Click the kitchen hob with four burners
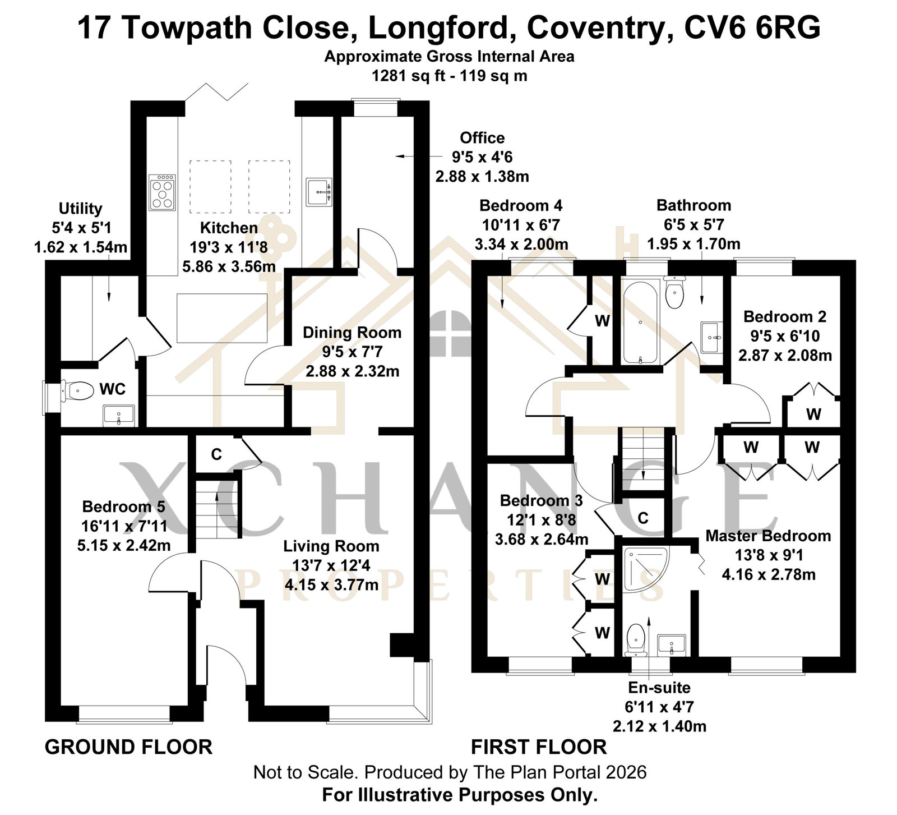pos(163,192)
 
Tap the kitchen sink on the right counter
pos(319,192)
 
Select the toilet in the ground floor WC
pos(77,390)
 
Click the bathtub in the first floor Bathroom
pos(640,323)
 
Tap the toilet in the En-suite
pos(635,640)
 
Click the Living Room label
pos(331,546)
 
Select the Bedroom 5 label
pos(123,507)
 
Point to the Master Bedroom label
pos(768,536)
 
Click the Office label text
pos(482,138)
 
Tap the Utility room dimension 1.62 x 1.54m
pos(81,247)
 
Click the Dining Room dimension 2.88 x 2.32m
pos(352,371)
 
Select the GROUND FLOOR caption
pos(128,747)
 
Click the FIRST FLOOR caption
pos(539,747)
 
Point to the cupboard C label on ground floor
pos(216,454)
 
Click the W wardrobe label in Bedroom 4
pos(602,321)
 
